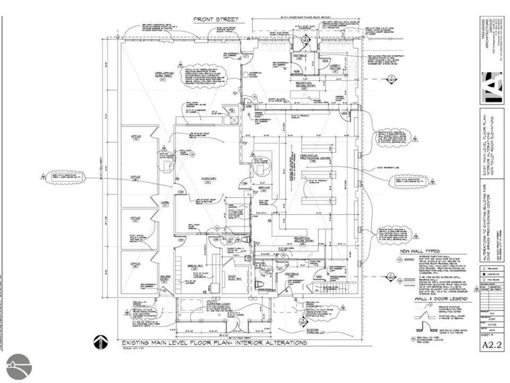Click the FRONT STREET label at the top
[x=216, y=19]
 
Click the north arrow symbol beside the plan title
[x=100, y=343]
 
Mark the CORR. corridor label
[x=164, y=203]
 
